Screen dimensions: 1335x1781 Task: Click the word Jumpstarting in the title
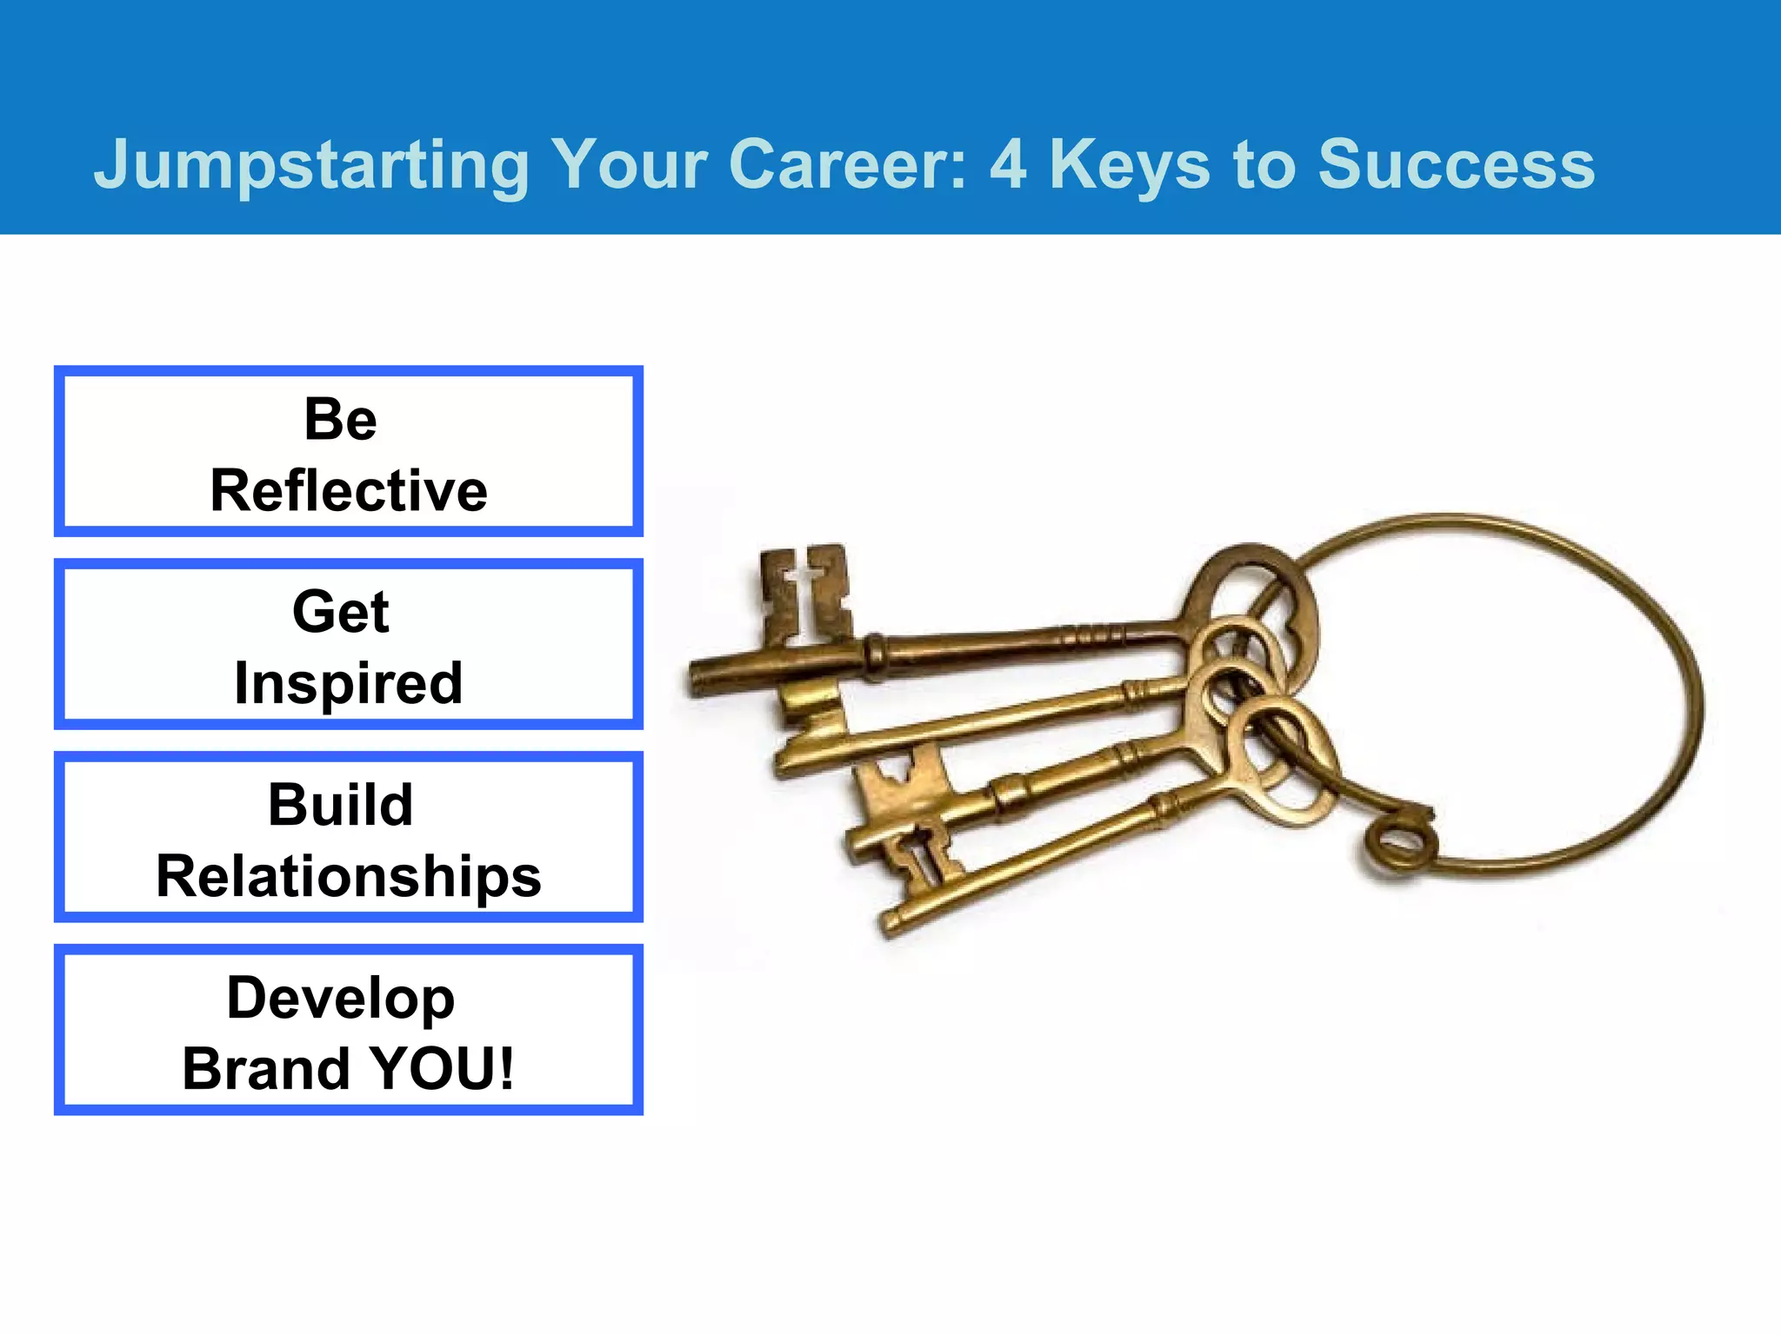coord(311,165)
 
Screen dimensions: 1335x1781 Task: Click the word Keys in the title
coord(1129,165)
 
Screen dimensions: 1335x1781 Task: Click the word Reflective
coord(349,490)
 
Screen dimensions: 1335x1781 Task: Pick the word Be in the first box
coord(340,419)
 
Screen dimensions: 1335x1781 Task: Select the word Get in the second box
coord(340,612)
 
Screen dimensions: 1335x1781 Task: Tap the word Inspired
coord(348,684)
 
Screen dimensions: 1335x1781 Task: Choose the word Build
coord(340,805)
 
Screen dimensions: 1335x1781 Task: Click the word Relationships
coord(349,876)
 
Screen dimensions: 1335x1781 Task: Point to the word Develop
coord(340,998)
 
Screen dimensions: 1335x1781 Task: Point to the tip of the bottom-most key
coord(891,923)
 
